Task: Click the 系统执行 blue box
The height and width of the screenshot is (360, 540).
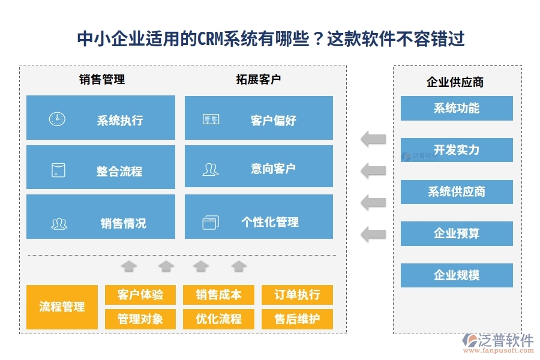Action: (x=101, y=118)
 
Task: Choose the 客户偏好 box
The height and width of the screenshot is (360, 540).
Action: (x=259, y=118)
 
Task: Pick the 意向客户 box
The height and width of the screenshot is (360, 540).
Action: (x=259, y=169)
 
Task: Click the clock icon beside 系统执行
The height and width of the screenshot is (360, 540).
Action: (x=57, y=119)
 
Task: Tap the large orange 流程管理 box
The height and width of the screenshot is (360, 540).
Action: (x=62, y=307)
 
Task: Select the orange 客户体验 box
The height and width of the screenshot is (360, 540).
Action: (x=140, y=295)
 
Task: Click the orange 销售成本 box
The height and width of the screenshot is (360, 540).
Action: (x=218, y=295)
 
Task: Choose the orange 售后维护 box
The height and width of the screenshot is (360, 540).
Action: (x=297, y=319)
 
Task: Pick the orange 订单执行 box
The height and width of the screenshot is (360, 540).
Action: (x=297, y=295)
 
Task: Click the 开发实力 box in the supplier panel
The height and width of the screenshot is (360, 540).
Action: (x=457, y=150)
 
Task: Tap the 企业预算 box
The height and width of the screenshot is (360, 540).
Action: (x=457, y=233)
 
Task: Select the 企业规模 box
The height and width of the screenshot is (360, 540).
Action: (x=457, y=275)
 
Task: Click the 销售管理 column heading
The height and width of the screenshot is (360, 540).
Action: (x=102, y=79)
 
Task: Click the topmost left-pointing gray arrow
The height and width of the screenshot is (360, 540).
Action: (x=373, y=140)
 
